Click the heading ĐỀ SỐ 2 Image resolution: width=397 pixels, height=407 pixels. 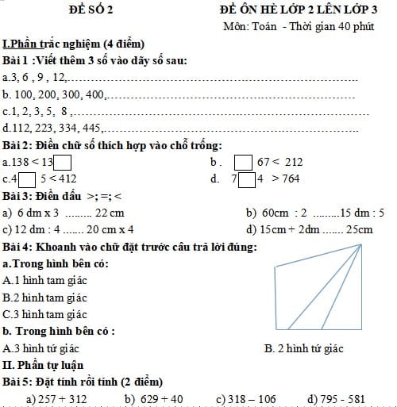(91, 10)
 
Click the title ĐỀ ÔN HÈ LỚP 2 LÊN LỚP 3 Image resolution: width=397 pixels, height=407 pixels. (299, 10)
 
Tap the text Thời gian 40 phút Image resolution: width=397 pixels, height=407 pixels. (326, 27)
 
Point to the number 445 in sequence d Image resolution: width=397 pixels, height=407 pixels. (91, 129)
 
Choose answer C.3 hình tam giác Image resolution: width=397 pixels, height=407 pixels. (47, 314)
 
